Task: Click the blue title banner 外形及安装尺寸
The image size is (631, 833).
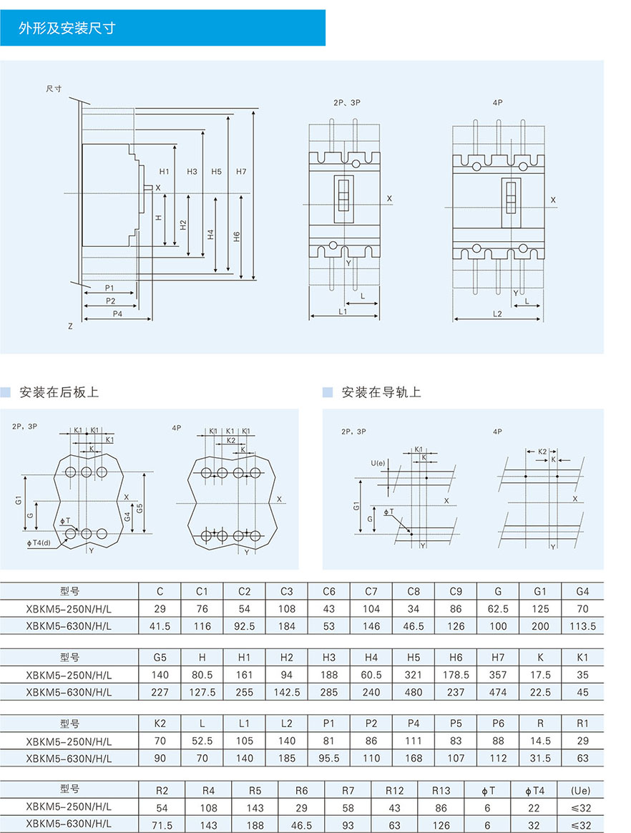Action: coord(162,28)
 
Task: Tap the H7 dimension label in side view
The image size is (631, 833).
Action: coord(240,172)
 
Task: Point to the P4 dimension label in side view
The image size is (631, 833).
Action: coord(117,313)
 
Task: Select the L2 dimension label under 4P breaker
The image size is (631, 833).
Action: coord(497,313)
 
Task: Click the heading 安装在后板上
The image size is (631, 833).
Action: coord(59,392)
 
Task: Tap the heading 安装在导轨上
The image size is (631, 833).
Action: coord(381,392)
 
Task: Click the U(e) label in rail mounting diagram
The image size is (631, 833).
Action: coord(378,463)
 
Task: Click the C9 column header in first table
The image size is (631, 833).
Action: coord(456,591)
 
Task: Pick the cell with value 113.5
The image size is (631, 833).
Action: coord(582,626)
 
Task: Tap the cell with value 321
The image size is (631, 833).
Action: coord(414,675)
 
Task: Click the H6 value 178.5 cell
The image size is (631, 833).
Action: coord(456,675)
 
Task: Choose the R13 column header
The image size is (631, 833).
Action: coord(441,790)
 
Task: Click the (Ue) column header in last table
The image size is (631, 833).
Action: coord(580,790)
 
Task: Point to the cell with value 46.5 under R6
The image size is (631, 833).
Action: coord(302,825)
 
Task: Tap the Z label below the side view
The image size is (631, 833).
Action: coord(70,326)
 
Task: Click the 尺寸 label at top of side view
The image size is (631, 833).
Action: coord(54,89)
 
